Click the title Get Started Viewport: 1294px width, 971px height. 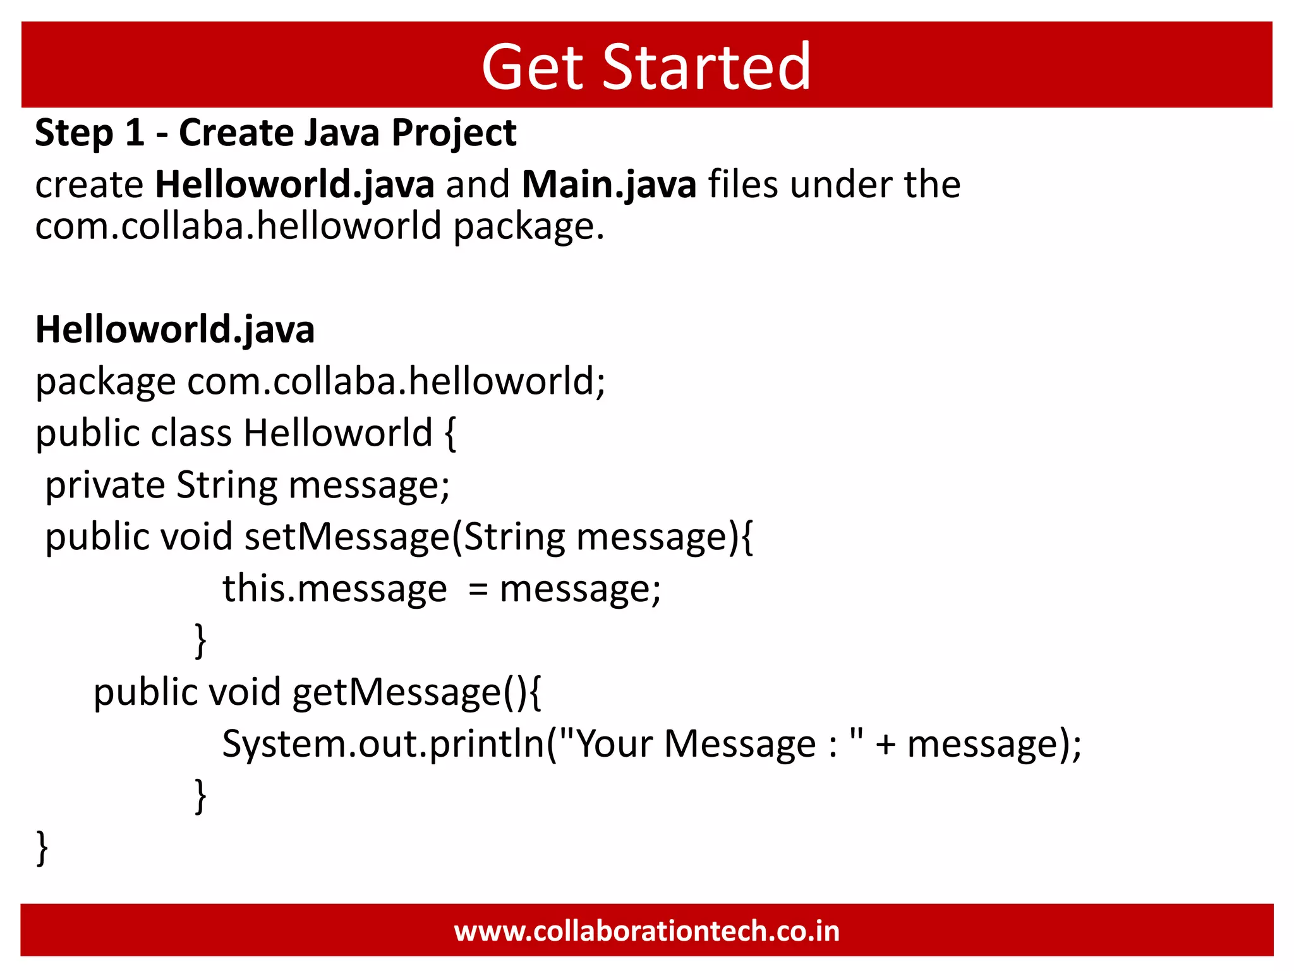pyautogui.click(x=646, y=66)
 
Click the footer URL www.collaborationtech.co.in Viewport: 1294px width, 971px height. pyautogui.click(x=646, y=931)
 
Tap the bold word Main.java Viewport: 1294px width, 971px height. pyautogui.click(x=608, y=185)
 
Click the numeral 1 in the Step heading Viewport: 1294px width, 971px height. pyautogui.click(x=135, y=133)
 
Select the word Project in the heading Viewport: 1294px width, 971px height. pyautogui.click(x=454, y=133)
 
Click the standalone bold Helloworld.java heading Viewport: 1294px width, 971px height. pyautogui.click(x=175, y=329)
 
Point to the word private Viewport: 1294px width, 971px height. pyautogui.click(x=105, y=485)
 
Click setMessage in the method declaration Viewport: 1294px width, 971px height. pyautogui.click(x=347, y=537)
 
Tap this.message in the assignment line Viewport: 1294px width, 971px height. pyautogui.click(x=334, y=589)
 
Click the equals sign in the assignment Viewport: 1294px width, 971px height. pyautogui.click(x=478, y=590)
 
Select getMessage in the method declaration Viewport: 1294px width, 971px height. pyautogui.click(x=397, y=692)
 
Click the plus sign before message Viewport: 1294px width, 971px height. pyautogui.click(x=886, y=745)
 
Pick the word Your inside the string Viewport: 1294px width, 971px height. pyautogui.click(x=614, y=744)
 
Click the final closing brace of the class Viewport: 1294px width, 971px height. pyautogui.click(x=42, y=848)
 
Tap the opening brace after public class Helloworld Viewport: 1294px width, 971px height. pyautogui.click(x=450, y=434)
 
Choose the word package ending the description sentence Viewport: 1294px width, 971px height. pyautogui.click(x=528, y=226)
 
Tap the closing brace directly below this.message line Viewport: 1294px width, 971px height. pyautogui.click(x=200, y=640)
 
